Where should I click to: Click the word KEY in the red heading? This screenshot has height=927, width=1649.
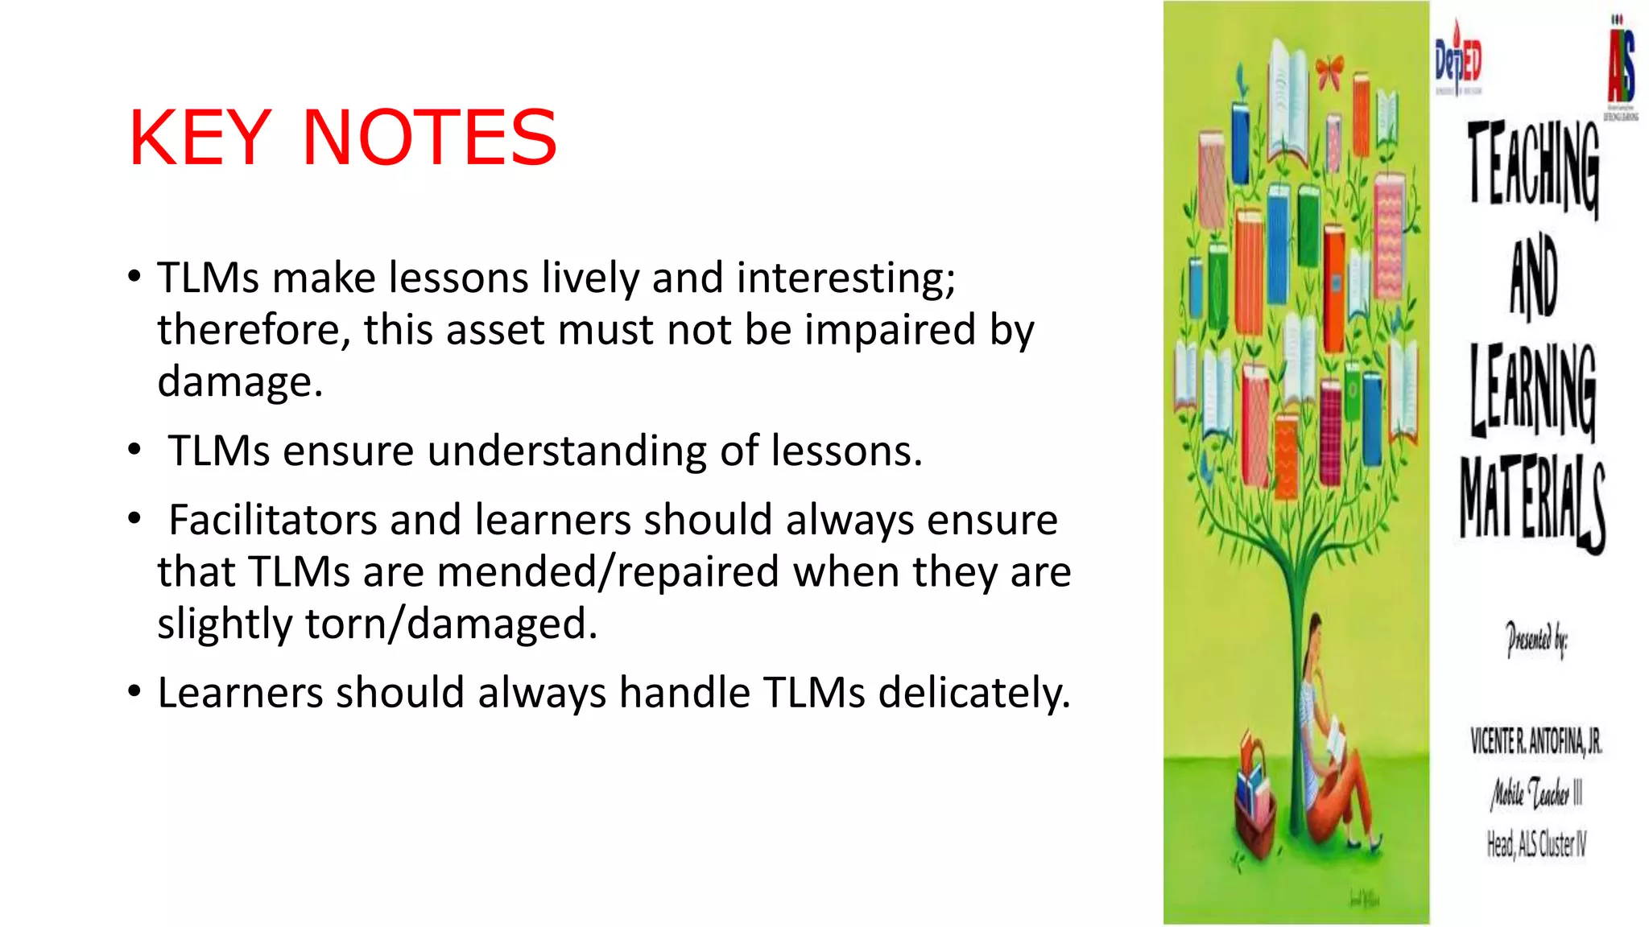pyautogui.click(x=200, y=138)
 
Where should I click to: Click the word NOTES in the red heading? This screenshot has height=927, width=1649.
pyautogui.click(x=429, y=138)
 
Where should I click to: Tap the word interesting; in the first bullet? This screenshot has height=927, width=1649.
pyautogui.click(x=845, y=278)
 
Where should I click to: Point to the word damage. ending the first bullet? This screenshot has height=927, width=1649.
pyautogui.click(x=240, y=381)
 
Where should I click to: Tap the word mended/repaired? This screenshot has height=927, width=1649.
pyautogui.click(x=608, y=572)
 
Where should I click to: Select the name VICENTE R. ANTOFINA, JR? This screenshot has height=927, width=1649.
pyautogui.click(x=1535, y=741)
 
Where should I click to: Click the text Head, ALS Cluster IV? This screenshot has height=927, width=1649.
pyautogui.click(x=1535, y=844)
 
